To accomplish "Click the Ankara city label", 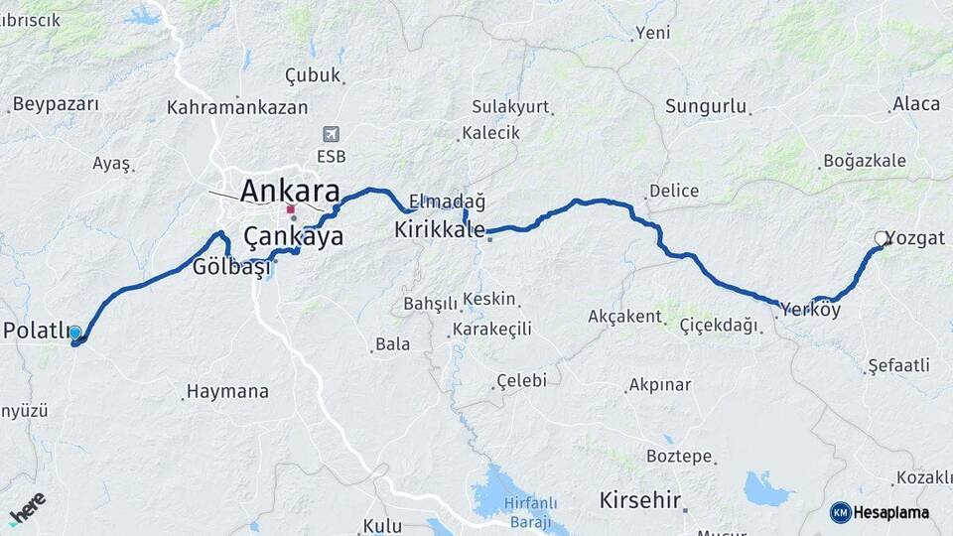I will click(x=290, y=191).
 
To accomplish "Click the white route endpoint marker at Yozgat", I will click(x=881, y=238).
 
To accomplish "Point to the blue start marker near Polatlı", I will click(x=75, y=334).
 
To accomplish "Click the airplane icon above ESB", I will click(x=331, y=134).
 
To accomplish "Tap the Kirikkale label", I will click(x=439, y=229).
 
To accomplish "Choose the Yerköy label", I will click(x=811, y=310).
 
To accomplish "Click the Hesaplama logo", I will click(x=881, y=512).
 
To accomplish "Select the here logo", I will click(x=27, y=507).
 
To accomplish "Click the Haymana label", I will click(x=228, y=391).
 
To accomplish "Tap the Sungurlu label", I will click(x=706, y=105).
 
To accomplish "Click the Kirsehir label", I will click(x=640, y=499).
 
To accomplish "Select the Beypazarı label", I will click(x=57, y=103).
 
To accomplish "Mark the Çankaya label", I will click(x=294, y=236).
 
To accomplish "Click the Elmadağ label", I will click(x=447, y=201).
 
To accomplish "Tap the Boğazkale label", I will click(x=864, y=161).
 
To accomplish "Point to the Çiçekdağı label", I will click(x=718, y=325).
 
